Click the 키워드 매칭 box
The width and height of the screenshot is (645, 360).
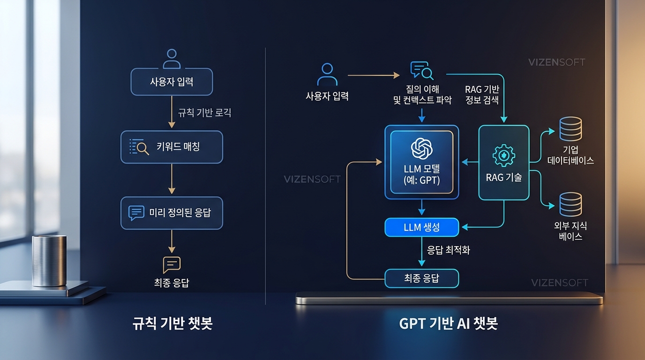(172, 147)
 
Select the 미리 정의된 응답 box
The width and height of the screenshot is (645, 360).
(172, 213)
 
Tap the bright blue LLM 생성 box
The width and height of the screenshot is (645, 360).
(421, 228)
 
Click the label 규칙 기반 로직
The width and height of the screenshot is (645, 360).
(204, 113)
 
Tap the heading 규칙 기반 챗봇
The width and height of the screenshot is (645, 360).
(172, 324)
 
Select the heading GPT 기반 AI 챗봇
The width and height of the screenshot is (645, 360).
(448, 324)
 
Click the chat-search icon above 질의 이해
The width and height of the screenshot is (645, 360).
(421, 70)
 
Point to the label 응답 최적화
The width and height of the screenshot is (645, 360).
(448, 250)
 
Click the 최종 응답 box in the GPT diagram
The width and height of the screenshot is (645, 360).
(421, 278)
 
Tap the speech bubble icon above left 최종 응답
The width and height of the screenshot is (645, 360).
(172, 265)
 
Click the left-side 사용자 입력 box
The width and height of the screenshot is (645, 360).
(172, 82)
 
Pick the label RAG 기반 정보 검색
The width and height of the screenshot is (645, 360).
(482, 94)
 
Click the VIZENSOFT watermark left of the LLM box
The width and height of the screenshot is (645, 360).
(312, 180)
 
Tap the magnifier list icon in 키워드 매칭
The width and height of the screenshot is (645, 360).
(139, 147)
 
